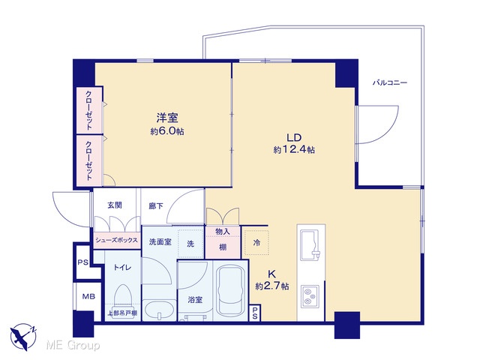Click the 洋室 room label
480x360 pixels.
[167, 118]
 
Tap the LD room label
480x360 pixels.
[294, 137]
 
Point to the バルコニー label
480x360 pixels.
[390, 82]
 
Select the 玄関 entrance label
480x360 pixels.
[115, 205]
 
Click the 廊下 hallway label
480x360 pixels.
[156, 206]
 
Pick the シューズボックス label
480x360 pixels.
[117, 240]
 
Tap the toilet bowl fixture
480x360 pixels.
[122, 301]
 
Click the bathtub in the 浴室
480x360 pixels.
[230, 290]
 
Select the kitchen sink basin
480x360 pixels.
[310, 244]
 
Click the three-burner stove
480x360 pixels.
[310, 296]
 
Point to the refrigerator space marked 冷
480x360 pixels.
[256, 243]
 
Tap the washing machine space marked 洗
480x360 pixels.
[190, 244]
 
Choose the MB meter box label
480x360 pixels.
[88, 296]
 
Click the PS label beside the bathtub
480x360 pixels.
[255, 313]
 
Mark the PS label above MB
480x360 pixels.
[82, 262]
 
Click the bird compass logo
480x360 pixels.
[23, 337]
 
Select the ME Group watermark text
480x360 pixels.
[73, 346]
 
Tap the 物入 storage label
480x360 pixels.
[223, 232]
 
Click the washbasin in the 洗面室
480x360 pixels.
[159, 310]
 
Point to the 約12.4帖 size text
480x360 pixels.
[294, 150]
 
